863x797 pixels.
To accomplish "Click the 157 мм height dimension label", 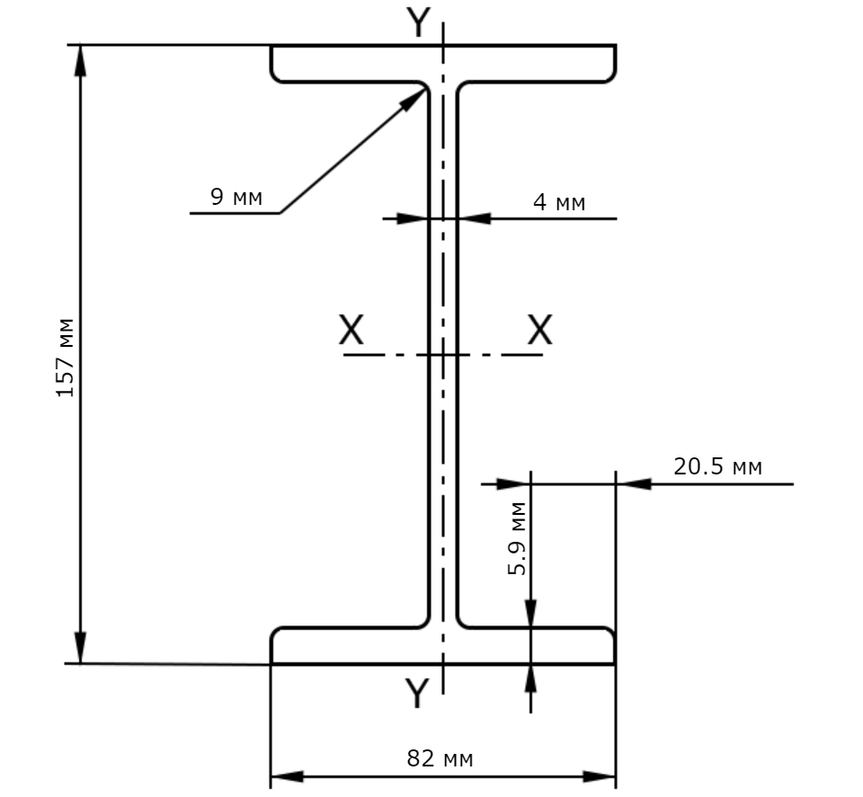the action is click(x=66, y=358).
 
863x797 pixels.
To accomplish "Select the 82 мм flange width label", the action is click(x=440, y=758).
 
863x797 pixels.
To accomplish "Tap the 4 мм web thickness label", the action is click(x=559, y=202).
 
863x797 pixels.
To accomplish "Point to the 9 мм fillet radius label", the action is click(x=236, y=197).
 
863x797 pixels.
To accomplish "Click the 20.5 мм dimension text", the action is click(x=717, y=466).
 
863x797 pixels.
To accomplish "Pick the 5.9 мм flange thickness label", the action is click(x=517, y=539).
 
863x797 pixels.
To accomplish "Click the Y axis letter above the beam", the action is click(x=418, y=22).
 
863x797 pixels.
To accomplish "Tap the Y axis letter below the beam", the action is click(x=416, y=693).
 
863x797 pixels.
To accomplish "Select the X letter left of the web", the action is click(x=351, y=330).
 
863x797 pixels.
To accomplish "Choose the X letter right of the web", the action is click(x=539, y=330).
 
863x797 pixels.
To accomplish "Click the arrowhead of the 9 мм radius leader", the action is click(x=414, y=100).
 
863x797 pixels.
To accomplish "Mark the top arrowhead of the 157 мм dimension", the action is click(x=81, y=60).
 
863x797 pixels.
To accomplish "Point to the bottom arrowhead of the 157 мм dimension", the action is click(x=80, y=648).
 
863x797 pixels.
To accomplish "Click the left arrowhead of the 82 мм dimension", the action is click(x=287, y=776).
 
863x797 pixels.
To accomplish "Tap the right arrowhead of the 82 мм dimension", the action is click(x=600, y=776).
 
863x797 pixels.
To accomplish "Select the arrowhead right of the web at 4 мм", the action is click(x=474, y=218).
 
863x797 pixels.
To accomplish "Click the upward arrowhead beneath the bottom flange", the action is click(x=530, y=681).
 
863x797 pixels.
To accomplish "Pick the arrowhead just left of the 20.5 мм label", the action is click(x=634, y=484).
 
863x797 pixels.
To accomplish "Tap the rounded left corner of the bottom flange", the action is click(x=276, y=633).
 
